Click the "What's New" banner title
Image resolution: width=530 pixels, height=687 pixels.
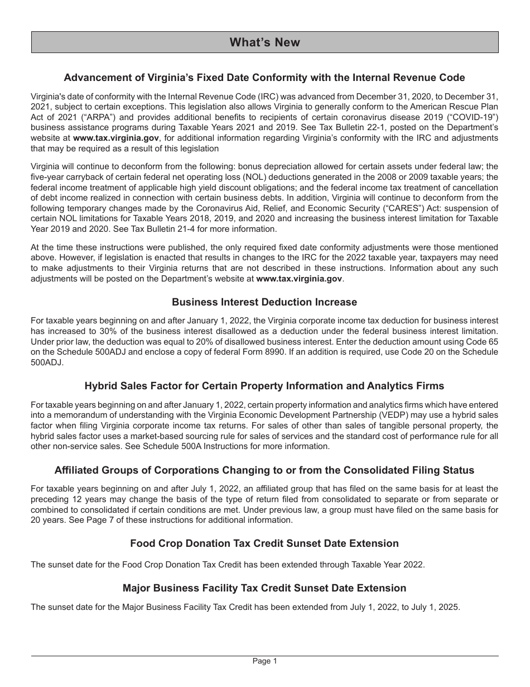[264, 42]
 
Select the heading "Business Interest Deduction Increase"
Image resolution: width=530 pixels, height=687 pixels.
[264, 302]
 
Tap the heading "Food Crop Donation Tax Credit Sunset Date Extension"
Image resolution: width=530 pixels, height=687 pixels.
[264, 543]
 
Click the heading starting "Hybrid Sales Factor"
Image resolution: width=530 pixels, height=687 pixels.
[264, 386]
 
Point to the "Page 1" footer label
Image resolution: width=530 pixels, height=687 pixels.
[264, 661]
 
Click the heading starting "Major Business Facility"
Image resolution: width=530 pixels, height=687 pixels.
[264, 588]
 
